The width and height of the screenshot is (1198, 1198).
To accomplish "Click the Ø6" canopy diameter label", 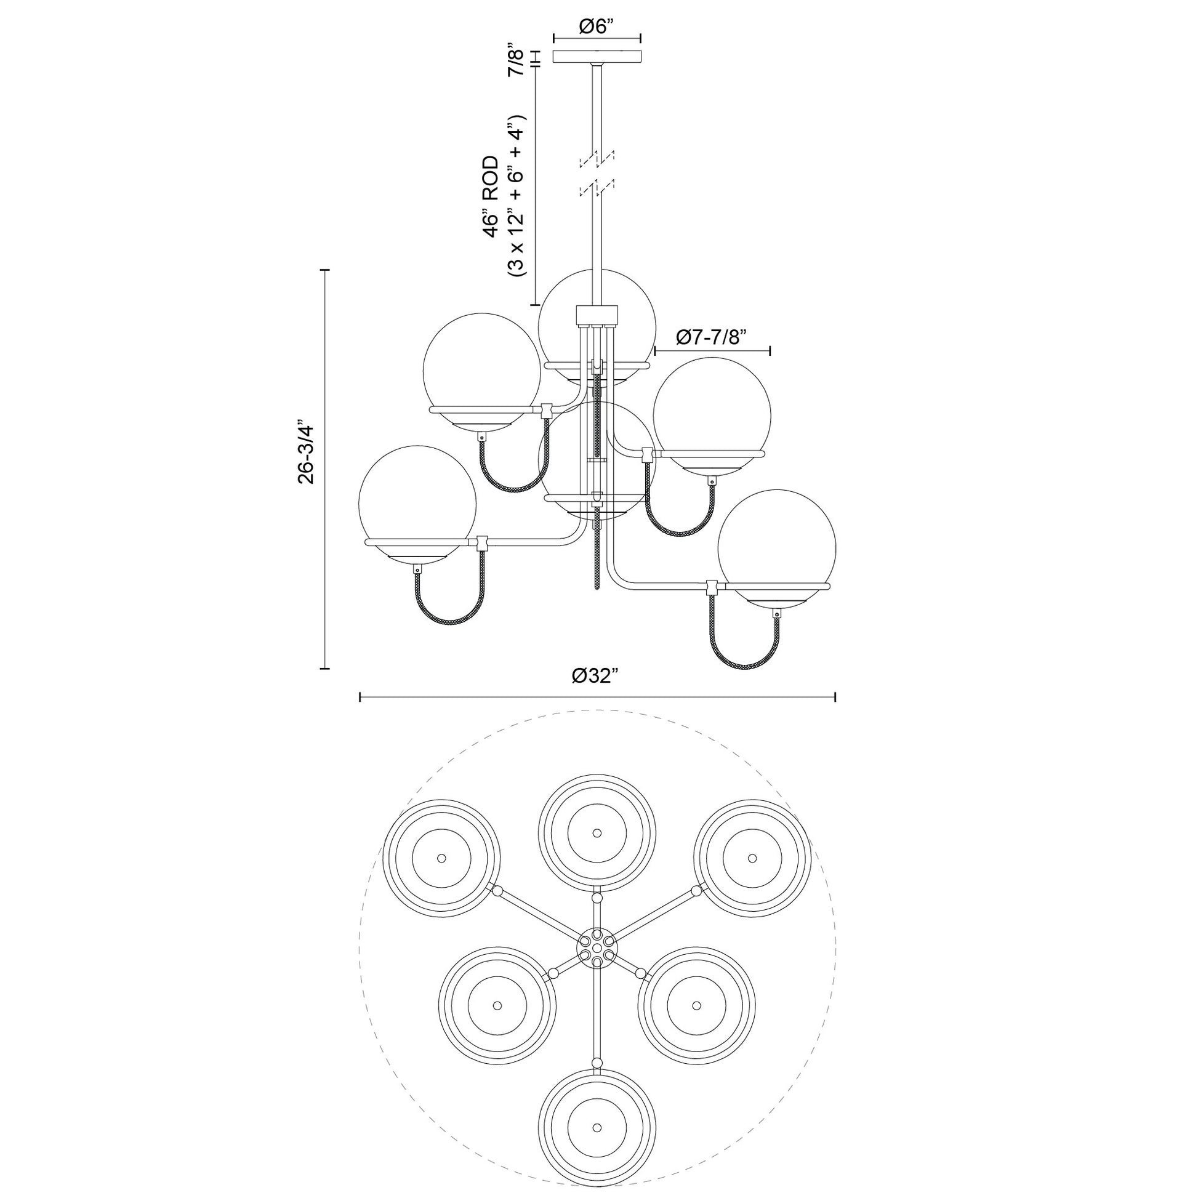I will [x=597, y=26].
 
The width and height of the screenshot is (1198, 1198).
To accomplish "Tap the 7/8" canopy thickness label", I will [x=517, y=60].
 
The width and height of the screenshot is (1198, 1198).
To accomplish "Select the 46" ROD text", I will [x=491, y=197].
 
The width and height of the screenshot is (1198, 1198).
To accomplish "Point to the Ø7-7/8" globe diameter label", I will [x=712, y=337].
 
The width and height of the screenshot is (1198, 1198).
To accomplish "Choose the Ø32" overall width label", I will [x=597, y=675].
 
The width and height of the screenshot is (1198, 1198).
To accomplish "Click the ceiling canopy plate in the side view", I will [x=597, y=57].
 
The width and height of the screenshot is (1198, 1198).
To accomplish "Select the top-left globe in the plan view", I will [x=441, y=858].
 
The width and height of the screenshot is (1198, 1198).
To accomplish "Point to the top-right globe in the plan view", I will [x=752, y=858].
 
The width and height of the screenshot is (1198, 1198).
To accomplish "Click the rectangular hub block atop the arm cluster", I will [x=597, y=315].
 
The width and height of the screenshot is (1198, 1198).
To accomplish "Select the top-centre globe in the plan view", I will [x=597, y=833].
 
